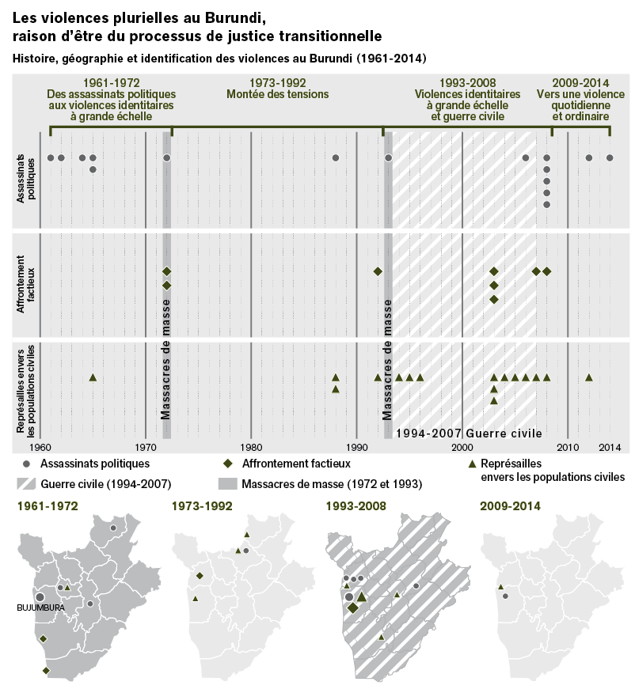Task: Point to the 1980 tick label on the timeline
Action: pos(251,447)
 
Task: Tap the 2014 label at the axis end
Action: pos(610,447)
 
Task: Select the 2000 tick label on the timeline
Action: pos(462,447)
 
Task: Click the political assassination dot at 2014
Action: pos(610,157)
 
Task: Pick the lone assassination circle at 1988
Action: pos(336,157)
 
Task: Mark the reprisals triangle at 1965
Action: pos(93,377)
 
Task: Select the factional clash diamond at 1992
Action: pos(378,271)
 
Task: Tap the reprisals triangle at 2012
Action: pos(589,377)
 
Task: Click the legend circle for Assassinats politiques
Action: pos(26,463)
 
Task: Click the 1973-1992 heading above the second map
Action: pos(201,506)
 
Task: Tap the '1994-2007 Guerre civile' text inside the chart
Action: pos(468,433)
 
